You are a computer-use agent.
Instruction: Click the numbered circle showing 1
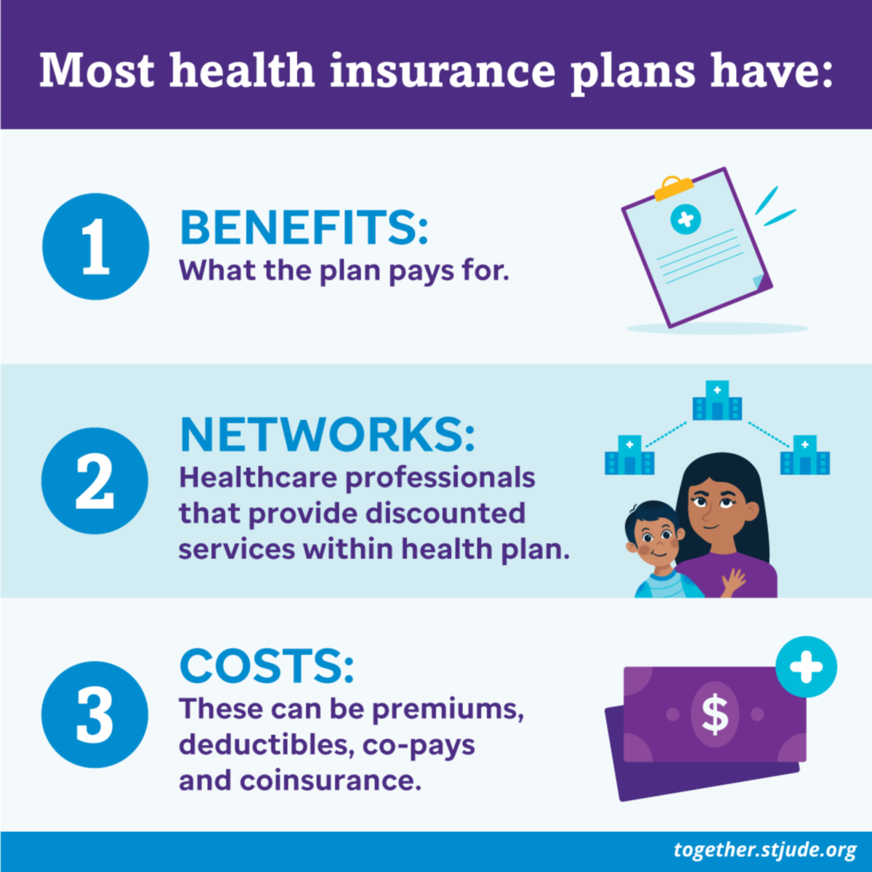coord(95,246)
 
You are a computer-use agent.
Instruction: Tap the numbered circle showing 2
coord(94,480)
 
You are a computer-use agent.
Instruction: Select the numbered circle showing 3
coord(94,714)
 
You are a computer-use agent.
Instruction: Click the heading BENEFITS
coord(304,227)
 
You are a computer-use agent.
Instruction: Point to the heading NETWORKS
coord(328,435)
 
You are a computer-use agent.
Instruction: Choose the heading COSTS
coord(267,666)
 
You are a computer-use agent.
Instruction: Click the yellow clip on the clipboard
coord(674,188)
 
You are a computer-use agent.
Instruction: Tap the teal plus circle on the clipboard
coord(685,219)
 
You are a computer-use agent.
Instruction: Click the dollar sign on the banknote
coord(715,714)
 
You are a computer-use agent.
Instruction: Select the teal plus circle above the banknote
coord(807,666)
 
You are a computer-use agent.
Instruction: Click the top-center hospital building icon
coord(717,400)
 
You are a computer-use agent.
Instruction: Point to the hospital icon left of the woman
coord(629,455)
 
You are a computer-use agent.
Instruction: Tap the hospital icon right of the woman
coord(805,455)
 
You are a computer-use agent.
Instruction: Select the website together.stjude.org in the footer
coord(764,849)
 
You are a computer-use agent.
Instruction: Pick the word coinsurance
coord(331,780)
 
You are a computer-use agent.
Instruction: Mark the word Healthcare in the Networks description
coord(259,477)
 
